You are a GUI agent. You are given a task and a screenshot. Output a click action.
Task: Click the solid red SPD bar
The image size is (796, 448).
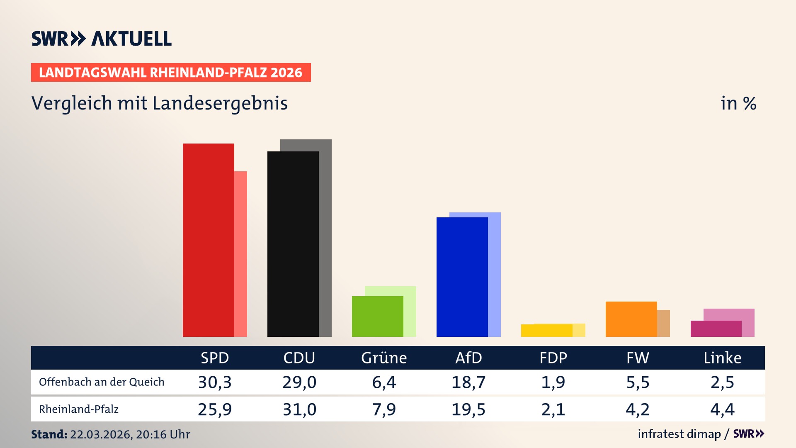(208, 241)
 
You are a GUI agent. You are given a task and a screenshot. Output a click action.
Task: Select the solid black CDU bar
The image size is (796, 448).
(293, 245)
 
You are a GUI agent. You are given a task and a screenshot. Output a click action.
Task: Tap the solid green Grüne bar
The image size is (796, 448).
(377, 317)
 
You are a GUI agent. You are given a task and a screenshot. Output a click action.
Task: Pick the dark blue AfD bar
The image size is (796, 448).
(462, 277)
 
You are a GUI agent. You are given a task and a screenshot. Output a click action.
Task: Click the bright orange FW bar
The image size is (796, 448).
(631, 319)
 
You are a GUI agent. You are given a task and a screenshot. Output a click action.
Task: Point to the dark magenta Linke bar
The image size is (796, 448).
(716, 329)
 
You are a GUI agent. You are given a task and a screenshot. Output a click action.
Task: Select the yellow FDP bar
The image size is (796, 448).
(546, 331)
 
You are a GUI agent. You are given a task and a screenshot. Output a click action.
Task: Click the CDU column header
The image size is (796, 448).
(299, 358)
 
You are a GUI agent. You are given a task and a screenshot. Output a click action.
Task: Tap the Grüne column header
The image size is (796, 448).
(384, 358)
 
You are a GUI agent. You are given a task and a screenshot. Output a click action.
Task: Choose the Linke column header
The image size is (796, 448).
(722, 358)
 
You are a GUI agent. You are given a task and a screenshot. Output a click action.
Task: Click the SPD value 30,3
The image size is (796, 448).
(215, 382)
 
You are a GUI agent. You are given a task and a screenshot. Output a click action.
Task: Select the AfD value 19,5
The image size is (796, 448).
(468, 409)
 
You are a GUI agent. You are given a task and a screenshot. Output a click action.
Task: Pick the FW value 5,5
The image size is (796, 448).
(638, 382)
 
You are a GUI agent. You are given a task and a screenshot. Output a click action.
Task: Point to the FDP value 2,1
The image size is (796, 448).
(553, 409)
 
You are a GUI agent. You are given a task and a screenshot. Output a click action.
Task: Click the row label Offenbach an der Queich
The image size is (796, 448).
(102, 382)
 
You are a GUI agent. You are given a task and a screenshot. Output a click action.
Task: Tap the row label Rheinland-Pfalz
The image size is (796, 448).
(79, 409)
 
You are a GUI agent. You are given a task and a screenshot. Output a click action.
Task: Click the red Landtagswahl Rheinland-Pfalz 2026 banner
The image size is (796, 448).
(171, 73)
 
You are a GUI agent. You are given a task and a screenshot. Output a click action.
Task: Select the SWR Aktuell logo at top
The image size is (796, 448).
(102, 39)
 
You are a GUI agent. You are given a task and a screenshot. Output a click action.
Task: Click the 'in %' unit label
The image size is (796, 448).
(738, 103)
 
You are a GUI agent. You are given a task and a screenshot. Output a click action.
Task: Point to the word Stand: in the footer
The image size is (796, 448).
(49, 434)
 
